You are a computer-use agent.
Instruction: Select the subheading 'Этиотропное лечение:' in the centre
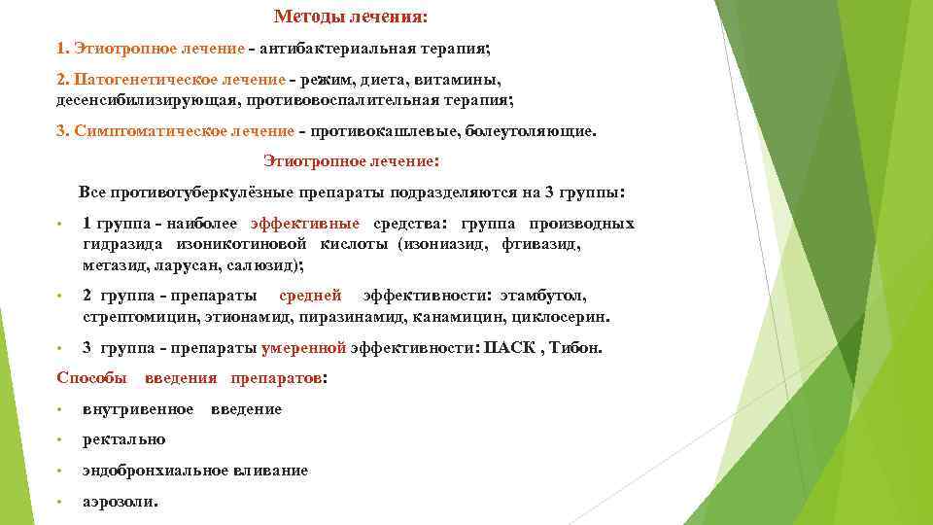[351, 161]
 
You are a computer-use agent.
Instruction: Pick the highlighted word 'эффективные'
[304, 224]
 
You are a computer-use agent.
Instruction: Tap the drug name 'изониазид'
[443, 244]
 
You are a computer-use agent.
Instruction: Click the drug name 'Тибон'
[580, 347]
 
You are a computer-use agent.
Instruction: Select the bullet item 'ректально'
[123, 439]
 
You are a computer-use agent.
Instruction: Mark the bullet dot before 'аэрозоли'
[60, 502]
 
